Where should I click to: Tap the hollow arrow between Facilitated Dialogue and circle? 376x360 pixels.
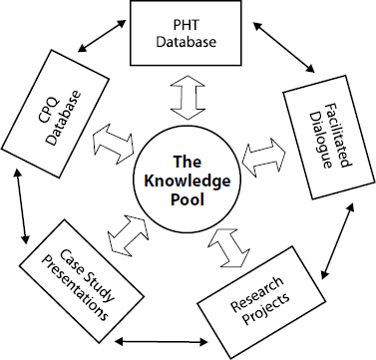coord(261,153)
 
